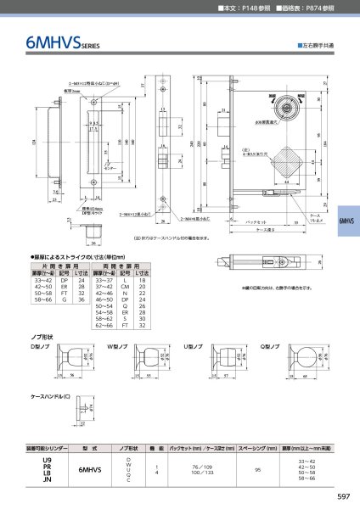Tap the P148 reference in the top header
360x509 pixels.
pyautogui.click(x=250, y=8)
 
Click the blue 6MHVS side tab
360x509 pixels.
pyautogui.click(x=348, y=219)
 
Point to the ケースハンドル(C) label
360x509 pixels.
pyautogui.click(x=50, y=396)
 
